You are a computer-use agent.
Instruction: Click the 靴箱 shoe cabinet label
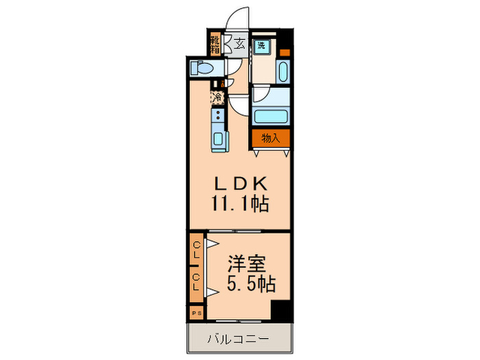coord(215,45)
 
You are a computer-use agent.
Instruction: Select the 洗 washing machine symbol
coord(261,47)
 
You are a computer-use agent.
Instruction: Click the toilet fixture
coord(203,68)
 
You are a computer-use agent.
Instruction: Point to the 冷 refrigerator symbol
coord(217,98)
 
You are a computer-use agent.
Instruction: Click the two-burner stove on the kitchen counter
coord(218,118)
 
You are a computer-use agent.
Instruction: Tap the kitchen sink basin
coord(219,140)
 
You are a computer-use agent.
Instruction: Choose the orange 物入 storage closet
coord(270,138)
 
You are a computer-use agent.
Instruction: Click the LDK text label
coord(237,184)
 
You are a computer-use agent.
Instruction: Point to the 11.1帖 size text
coord(239,203)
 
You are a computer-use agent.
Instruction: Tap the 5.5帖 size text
coord(246,284)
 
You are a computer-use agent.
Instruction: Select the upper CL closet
coord(196,251)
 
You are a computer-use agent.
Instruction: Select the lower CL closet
coord(196,282)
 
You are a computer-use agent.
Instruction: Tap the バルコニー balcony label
coord(239,339)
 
